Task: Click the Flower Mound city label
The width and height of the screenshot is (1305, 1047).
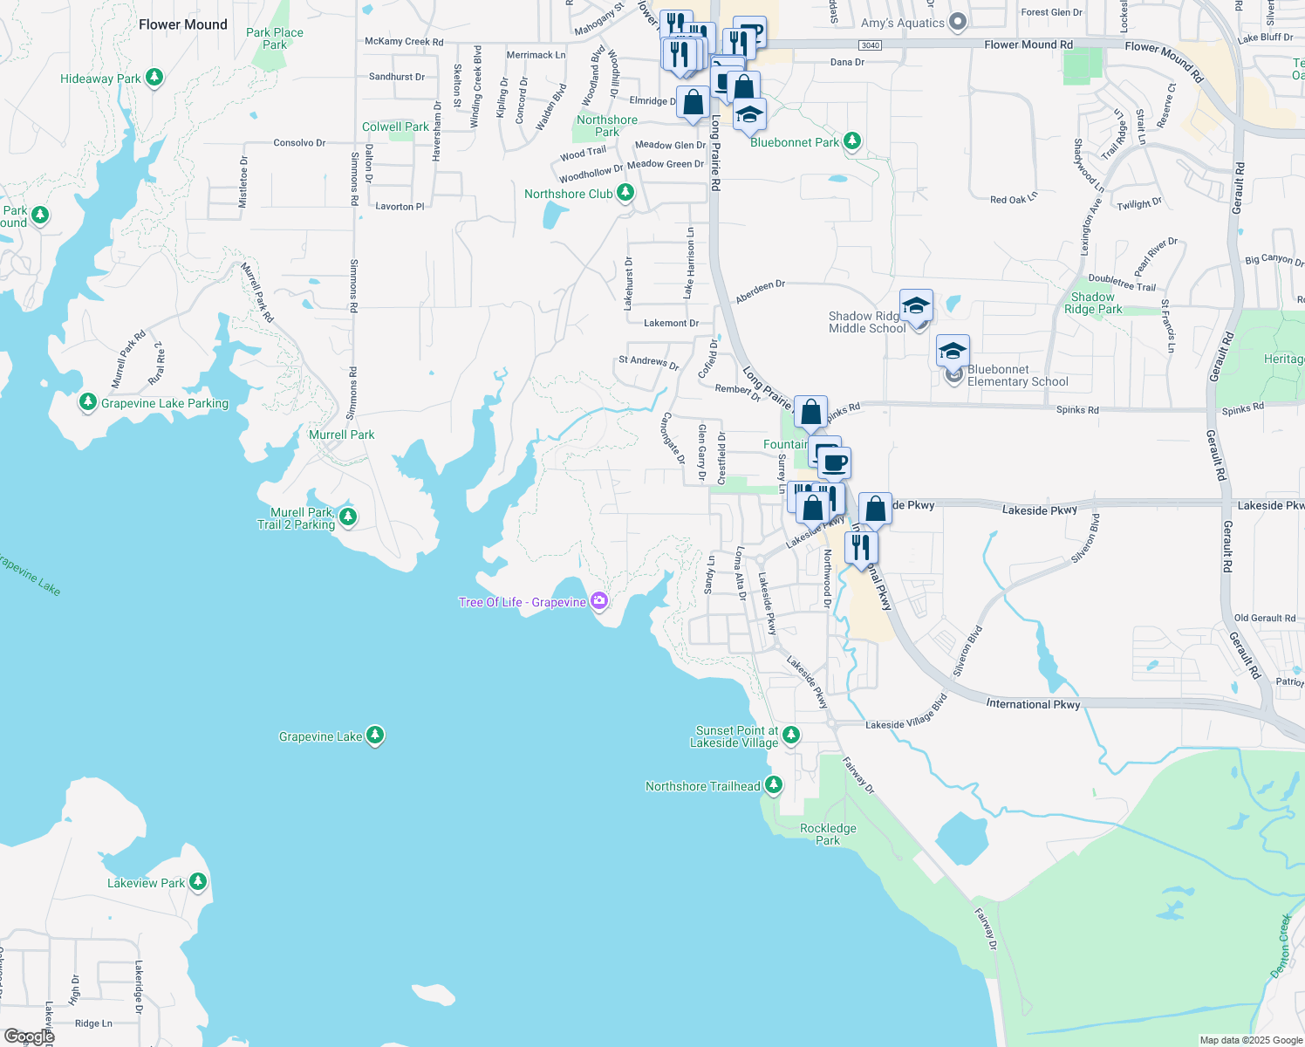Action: pos(182,24)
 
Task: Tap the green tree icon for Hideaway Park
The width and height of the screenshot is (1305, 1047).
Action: pos(154,78)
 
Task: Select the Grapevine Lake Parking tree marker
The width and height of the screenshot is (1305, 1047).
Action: pos(87,402)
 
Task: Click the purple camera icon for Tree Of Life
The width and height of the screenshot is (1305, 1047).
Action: pos(598,600)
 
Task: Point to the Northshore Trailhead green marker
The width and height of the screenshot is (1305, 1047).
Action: pos(773,785)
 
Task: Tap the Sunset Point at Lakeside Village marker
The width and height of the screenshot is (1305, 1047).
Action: pos(791,736)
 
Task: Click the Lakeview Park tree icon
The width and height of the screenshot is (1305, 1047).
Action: pos(198,882)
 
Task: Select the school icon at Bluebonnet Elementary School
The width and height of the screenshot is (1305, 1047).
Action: pos(952,352)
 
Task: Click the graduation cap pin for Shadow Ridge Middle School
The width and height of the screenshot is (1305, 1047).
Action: pos(916,306)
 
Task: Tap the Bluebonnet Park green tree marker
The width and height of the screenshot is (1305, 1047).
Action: pos(852,140)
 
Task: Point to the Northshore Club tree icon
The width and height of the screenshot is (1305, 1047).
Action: pos(625,193)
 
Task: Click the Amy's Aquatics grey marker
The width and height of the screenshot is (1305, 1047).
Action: pos(958,22)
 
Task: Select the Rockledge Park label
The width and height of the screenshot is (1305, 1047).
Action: pos(828,834)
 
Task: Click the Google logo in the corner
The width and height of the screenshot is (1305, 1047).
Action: pos(29,1037)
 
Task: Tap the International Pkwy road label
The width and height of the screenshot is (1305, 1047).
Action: pos(1033,703)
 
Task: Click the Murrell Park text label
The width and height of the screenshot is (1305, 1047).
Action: pos(341,435)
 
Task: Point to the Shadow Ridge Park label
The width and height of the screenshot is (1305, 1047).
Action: pos(1093,303)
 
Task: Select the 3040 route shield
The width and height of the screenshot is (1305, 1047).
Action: pos(870,45)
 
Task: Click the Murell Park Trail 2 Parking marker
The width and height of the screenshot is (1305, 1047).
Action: pos(347,517)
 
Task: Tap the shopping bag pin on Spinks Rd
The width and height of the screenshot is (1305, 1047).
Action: pos(810,412)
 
